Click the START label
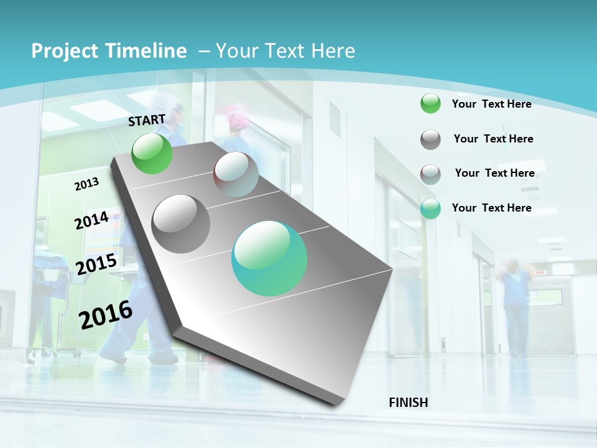coord(147,120)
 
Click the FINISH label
coord(409,403)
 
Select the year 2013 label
coord(86,184)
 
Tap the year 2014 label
coord(91,220)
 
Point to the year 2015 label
coord(96,264)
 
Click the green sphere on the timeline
coord(152,153)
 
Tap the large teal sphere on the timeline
coord(269,258)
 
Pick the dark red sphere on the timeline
coord(236,174)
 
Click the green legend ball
coord(430,104)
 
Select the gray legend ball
coord(430,139)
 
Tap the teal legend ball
coord(430,208)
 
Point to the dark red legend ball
coord(430,174)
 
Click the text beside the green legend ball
coord(491,104)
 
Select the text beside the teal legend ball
coord(491,208)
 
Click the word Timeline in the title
coord(142,51)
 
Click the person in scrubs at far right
coord(516,305)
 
